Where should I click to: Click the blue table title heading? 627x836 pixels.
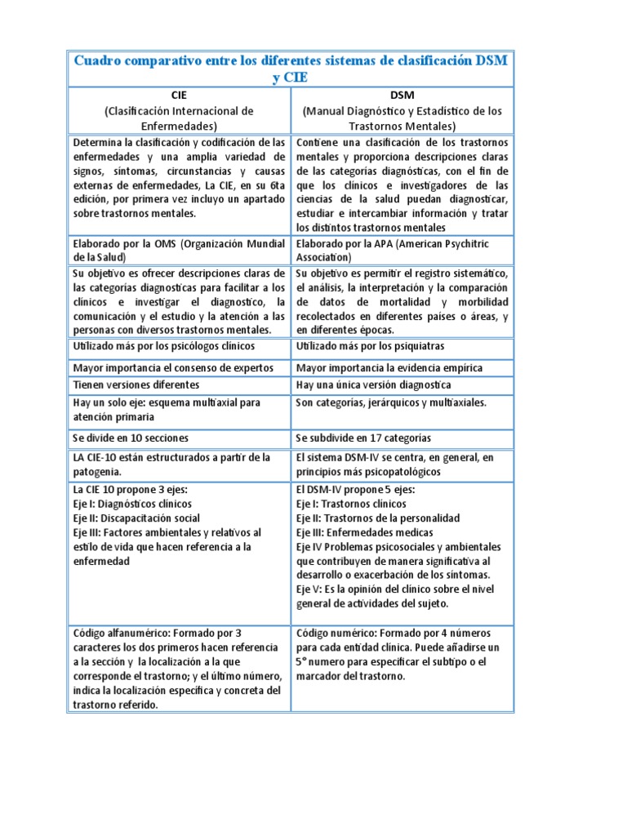pos(291,69)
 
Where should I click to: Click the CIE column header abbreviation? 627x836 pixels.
pos(179,96)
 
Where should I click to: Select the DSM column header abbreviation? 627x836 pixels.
pos(402,96)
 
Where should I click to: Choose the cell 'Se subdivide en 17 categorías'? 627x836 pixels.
pos(375,438)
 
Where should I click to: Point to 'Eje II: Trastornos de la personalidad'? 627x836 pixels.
pos(378,518)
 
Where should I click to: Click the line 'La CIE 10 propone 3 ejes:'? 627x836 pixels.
pos(131,489)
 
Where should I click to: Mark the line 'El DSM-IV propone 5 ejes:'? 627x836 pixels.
pos(355,489)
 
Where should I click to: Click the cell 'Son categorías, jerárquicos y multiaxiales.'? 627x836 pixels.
pos(391,402)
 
